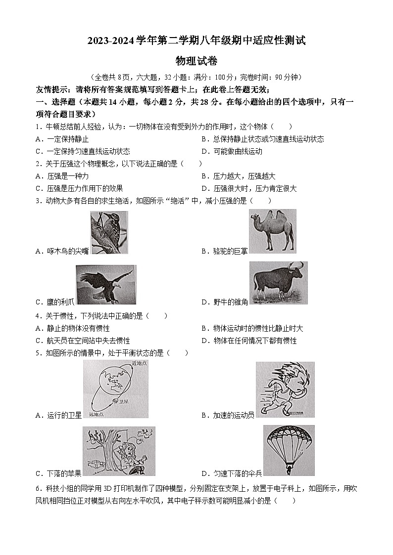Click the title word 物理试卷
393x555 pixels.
point(196,61)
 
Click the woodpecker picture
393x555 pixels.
point(109,232)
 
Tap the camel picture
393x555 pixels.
point(272,231)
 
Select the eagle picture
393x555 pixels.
point(106,285)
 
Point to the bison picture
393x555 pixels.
point(278,283)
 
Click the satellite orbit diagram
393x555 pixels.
point(115,388)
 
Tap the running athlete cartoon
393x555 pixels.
point(285,390)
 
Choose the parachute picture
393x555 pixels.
point(289,450)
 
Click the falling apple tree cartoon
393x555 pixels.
point(118,451)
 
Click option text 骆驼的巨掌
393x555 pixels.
point(230,251)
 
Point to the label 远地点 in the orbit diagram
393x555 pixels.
point(97,413)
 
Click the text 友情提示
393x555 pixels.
point(52,89)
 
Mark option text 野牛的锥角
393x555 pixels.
point(230,302)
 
